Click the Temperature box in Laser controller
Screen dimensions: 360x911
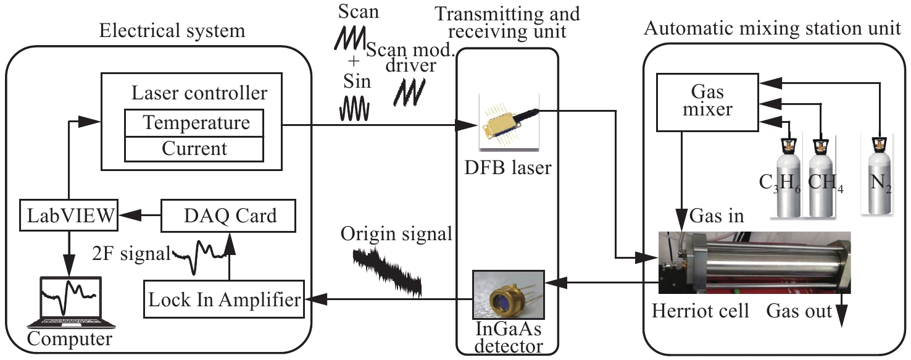click(x=194, y=123)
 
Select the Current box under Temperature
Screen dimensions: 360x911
click(x=194, y=148)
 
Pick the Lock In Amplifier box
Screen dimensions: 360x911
click(x=225, y=299)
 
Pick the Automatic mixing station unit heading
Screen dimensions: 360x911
click(x=776, y=29)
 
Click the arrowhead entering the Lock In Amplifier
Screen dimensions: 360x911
click(x=314, y=299)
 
